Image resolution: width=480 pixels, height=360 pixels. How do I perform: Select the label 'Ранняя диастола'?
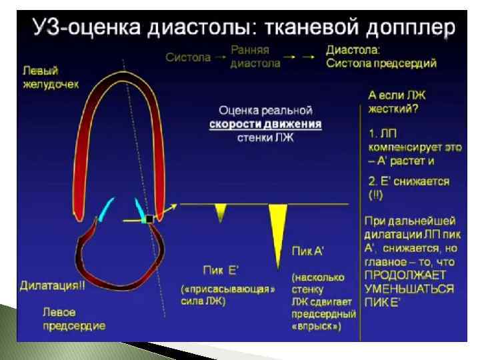[x=251, y=57]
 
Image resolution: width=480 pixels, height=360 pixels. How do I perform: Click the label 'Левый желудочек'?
[x=50, y=77]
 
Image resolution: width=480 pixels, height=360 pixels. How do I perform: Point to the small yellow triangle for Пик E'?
[x=221, y=212]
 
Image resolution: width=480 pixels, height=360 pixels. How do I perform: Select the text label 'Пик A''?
[x=309, y=251]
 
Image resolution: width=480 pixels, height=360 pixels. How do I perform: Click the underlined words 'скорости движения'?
[x=266, y=125]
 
